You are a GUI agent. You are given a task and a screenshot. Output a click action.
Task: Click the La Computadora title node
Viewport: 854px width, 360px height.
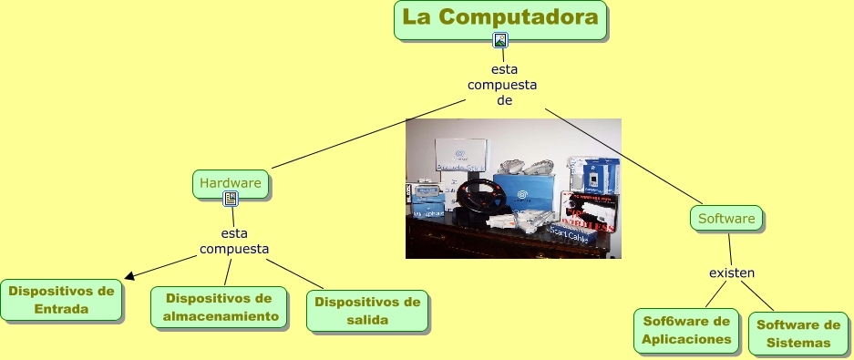501,19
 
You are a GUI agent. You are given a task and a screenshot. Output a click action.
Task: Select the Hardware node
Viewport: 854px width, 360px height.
231,183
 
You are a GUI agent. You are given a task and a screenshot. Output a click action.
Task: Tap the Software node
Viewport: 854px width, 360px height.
726,219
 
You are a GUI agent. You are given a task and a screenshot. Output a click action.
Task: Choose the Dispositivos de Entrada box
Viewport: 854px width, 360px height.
60,300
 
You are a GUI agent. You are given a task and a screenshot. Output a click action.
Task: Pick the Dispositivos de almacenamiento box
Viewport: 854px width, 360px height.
220,308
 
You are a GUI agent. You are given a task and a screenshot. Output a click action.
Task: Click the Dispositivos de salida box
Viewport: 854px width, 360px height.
367,311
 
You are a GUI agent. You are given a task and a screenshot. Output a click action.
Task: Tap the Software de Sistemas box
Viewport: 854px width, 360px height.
798,334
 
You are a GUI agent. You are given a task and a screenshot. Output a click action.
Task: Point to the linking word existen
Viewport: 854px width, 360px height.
733,273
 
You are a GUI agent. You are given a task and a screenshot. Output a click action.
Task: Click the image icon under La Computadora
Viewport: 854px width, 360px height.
499,39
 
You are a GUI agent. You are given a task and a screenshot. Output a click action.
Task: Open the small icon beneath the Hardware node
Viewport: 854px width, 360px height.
231,200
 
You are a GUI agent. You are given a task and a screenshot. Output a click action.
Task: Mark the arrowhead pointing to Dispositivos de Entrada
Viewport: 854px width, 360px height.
129,276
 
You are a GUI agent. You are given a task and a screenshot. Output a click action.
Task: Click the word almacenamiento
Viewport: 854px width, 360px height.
220,317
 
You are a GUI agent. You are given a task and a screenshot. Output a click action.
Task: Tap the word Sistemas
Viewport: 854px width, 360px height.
798,343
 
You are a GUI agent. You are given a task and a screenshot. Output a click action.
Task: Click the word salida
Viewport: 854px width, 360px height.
367,320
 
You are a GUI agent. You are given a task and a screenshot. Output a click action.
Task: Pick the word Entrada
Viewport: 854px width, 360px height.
60,309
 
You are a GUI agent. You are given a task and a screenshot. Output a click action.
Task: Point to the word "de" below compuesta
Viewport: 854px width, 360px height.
504,101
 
